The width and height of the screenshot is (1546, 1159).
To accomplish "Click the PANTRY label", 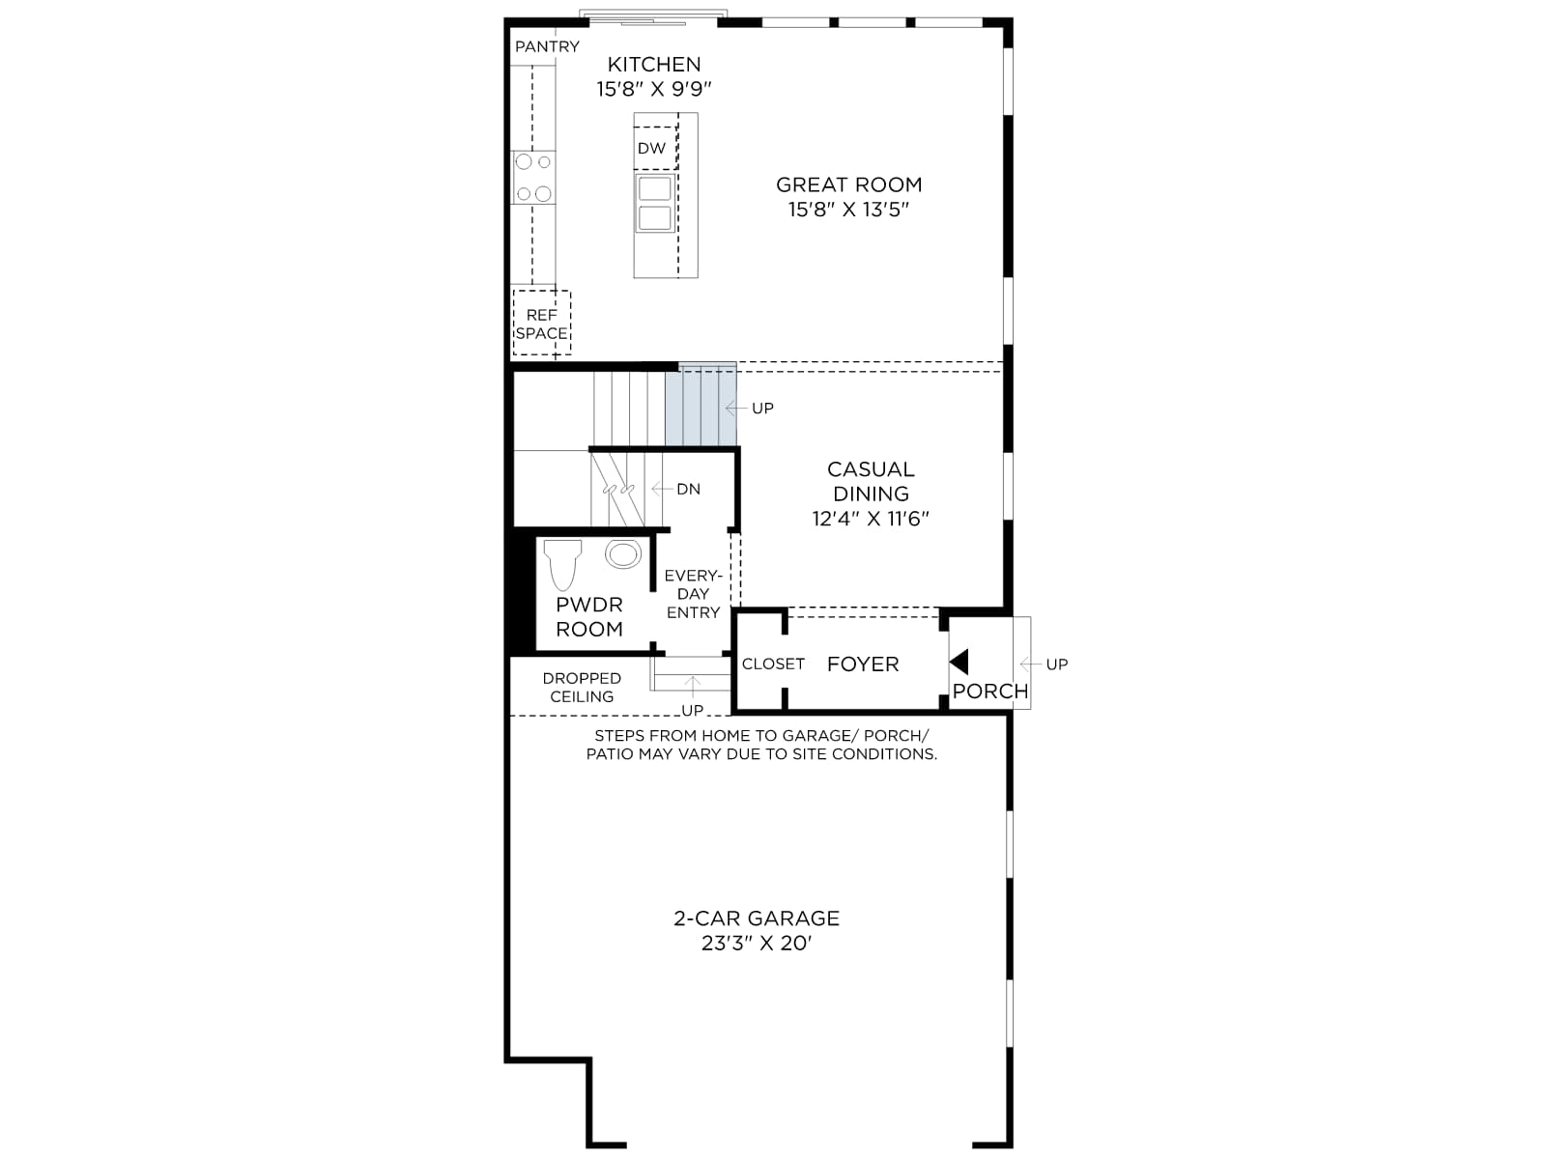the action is [x=547, y=46].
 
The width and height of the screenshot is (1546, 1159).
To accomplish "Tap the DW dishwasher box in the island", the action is [x=655, y=148].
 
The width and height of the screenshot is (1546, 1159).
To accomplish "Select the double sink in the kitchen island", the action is [x=655, y=204].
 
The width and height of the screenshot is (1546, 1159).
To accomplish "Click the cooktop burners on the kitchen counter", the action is [x=534, y=178].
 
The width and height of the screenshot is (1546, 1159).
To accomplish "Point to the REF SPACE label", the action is [x=542, y=324].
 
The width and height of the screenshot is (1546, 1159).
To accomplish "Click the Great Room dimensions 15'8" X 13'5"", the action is [x=848, y=210].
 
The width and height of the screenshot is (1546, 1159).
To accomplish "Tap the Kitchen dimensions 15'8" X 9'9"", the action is [x=654, y=90].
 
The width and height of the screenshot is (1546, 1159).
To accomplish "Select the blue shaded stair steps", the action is [x=701, y=405].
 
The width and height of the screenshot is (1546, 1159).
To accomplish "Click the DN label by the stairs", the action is [x=688, y=489].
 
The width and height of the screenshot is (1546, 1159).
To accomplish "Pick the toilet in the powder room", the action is [x=562, y=564].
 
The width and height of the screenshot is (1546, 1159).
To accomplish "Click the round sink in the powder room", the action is [x=622, y=553].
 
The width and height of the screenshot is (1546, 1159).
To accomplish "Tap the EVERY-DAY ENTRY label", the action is [x=693, y=595].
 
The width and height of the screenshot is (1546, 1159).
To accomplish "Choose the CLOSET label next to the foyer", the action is [x=773, y=664].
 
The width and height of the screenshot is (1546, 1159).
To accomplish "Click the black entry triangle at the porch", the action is [x=959, y=663].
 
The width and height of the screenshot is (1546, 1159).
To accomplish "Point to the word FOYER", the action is [x=863, y=664].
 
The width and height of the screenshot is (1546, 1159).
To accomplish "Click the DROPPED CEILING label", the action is [x=582, y=688].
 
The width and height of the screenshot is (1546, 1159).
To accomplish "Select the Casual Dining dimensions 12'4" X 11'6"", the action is [x=871, y=519].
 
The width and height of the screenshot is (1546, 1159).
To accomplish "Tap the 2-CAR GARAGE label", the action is [x=757, y=919].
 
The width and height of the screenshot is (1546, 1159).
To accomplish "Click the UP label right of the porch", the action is [x=1056, y=664].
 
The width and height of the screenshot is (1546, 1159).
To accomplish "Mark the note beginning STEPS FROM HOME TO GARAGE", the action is [x=761, y=745].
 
